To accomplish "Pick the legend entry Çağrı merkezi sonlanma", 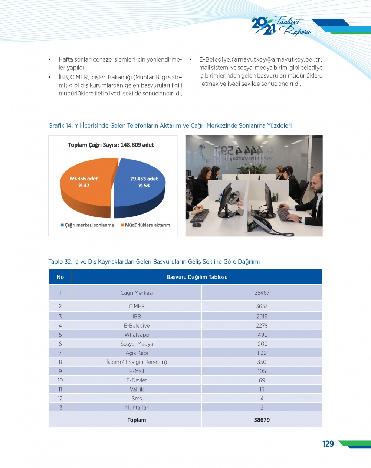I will (87, 225).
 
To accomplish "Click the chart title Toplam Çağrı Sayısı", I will (111, 145).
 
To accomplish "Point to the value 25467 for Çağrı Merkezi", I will (262, 293).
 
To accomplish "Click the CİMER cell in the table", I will (137, 306).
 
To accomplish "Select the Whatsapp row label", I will (137, 335).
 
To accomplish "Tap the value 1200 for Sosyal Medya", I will (262, 344).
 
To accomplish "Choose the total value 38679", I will (262, 420).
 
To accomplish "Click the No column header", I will (60, 277).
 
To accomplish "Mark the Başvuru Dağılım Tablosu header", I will (197, 277).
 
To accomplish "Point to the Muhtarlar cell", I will (137, 408).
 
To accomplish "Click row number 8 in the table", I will (60, 362).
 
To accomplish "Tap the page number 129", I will (328, 444).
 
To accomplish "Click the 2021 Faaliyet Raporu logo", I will (280, 26).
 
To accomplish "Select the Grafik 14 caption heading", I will (170, 125).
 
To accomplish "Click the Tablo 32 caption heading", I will (154, 262).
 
